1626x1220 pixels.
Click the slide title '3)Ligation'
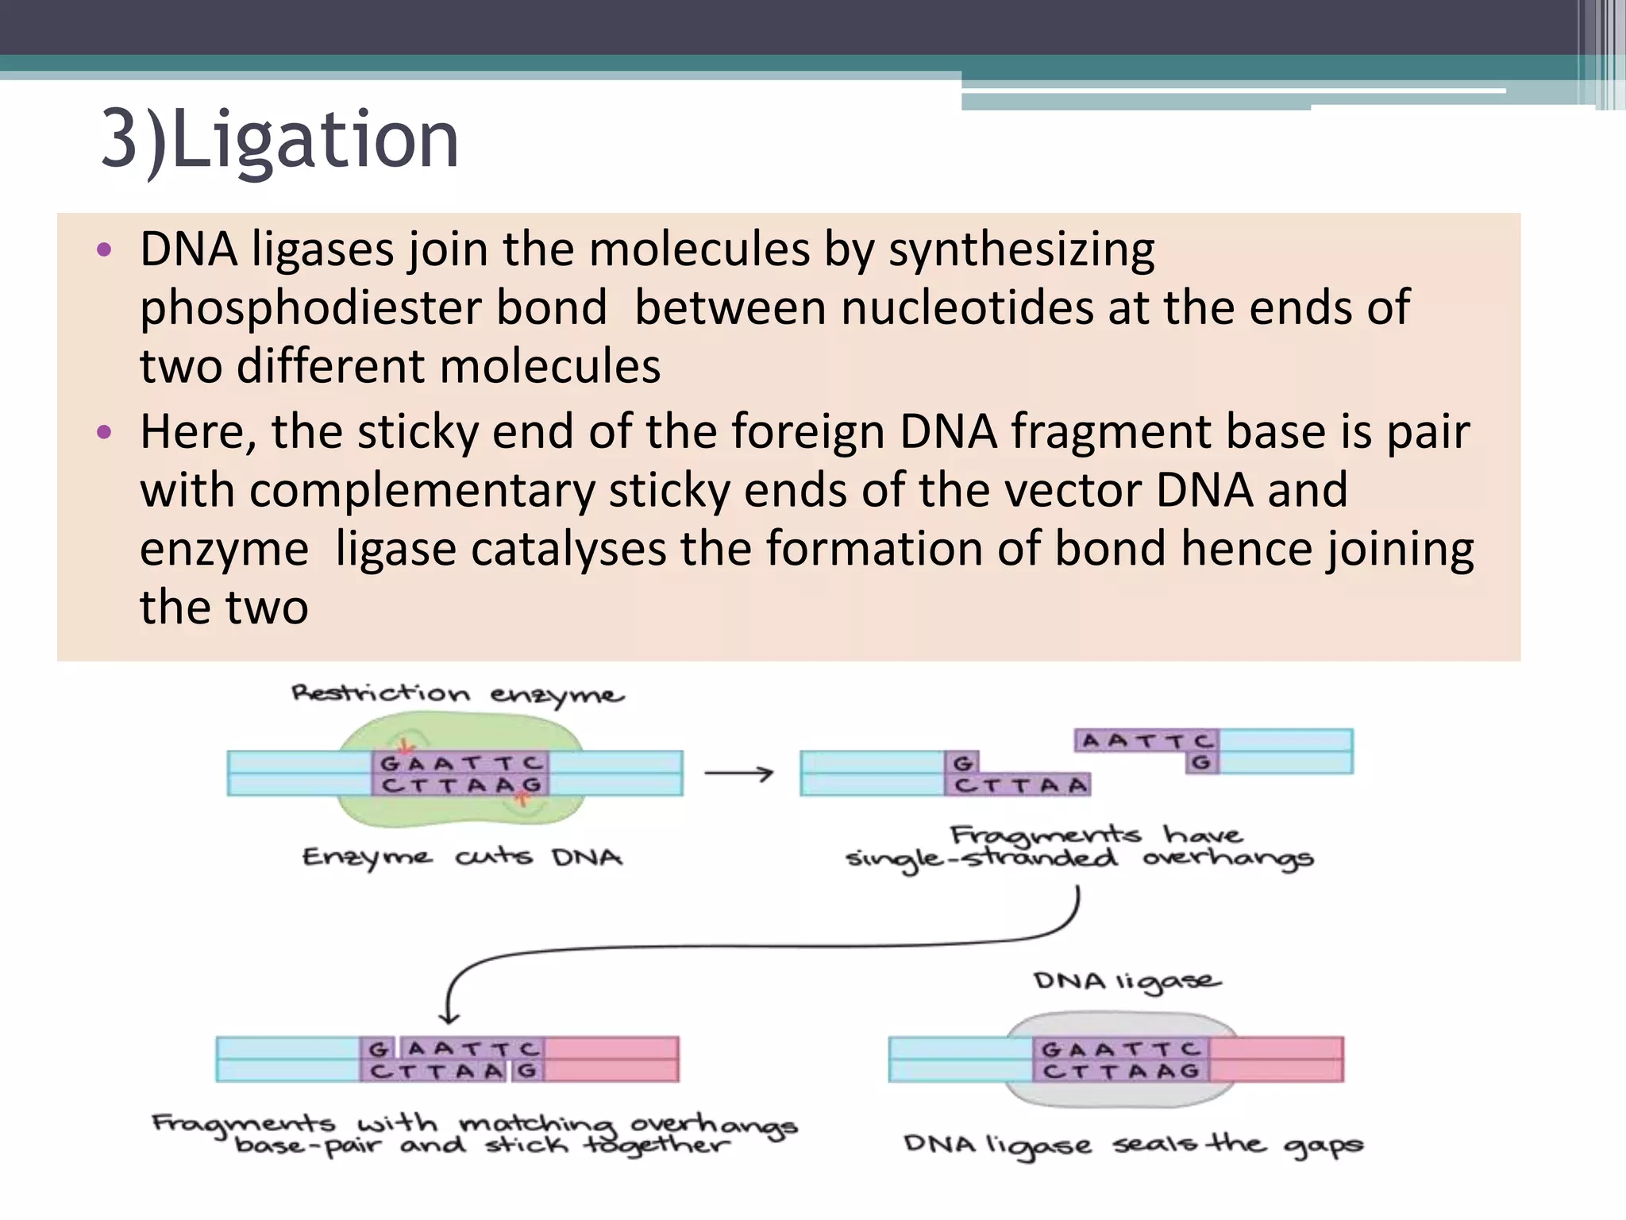[x=279, y=140]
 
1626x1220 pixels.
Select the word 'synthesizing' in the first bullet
[x=1021, y=249]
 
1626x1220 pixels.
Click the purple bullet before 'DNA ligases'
[x=104, y=251]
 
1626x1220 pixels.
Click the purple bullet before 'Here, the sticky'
[x=104, y=433]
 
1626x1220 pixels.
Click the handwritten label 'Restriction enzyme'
[x=457, y=694]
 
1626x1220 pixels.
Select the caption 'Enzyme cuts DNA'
[x=462, y=858]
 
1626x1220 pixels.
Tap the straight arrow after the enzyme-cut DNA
[x=738, y=773]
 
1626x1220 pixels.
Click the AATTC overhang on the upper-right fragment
[x=1146, y=741]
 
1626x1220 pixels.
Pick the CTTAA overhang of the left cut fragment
[x=1019, y=786]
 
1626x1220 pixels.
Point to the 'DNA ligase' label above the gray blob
[x=1127, y=982]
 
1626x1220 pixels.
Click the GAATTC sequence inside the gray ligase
[x=1120, y=1049]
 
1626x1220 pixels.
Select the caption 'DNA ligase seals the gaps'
[x=1133, y=1145]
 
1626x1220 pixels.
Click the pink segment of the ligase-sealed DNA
[x=1276, y=1060]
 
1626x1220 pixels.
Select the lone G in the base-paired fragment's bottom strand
[x=527, y=1071]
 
